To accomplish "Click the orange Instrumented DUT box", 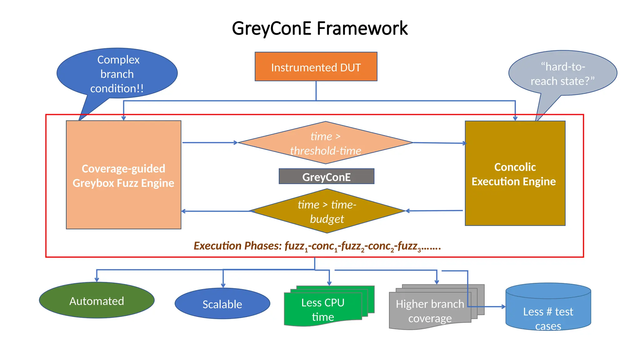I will [x=316, y=67].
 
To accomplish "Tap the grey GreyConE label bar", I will [x=326, y=177].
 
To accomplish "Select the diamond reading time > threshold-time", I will [x=325, y=143].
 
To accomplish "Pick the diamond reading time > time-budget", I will [x=327, y=211].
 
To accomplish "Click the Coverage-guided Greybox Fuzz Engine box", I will [x=123, y=175].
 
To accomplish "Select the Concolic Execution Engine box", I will [x=515, y=174].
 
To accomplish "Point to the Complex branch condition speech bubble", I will [x=117, y=73].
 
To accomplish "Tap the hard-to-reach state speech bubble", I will [x=562, y=73].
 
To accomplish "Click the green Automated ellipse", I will [x=97, y=301].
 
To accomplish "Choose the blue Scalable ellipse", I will [x=222, y=304].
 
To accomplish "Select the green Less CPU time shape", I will [x=323, y=309].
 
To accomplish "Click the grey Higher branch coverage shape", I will [x=430, y=311].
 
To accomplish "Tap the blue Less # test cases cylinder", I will [x=548, y=312].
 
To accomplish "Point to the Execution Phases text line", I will [x=317, y=246].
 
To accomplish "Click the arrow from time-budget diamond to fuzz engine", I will [x=216, y=211].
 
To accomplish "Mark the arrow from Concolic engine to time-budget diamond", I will [x=434, y=211].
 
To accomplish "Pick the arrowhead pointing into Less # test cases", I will [x=503, y=307].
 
